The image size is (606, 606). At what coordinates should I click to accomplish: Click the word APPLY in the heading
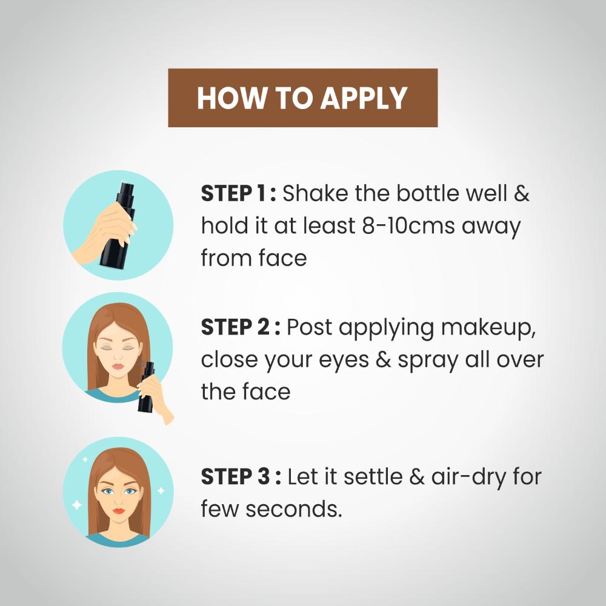(364, 98)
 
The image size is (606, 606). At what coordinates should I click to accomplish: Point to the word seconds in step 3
(294, 508)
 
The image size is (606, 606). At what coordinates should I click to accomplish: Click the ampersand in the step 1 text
(522, 193)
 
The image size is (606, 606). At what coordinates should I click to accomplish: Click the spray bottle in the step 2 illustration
(147, 387)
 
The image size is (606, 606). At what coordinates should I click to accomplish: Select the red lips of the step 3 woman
(119, 511)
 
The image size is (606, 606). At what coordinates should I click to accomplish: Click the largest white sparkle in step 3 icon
(77, 505)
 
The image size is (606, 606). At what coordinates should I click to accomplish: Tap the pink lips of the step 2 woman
(118, 366)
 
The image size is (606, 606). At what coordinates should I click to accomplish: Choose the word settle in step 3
(373, 476)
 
